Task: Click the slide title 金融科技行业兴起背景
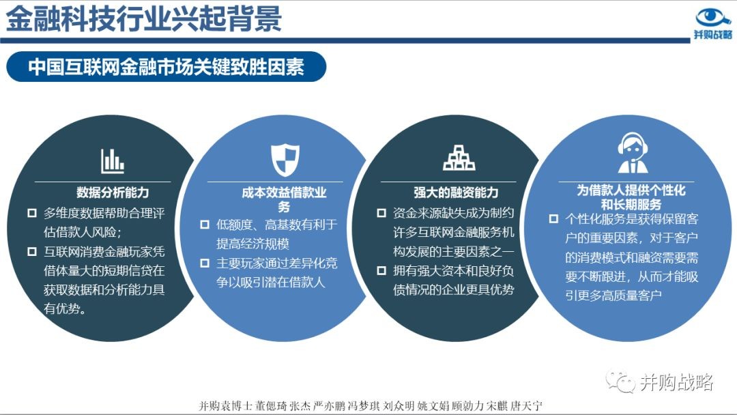pos(144,19)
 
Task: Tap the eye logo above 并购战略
pos(712,18)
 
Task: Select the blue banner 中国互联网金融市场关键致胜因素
pos(166,66)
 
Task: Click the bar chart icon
pos(113,161)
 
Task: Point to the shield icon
pos(285,160)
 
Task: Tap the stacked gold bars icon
pos(459,158)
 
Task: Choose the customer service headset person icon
pos(633,153)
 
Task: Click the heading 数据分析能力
pos(113,192)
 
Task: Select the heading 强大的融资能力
pos(456,192)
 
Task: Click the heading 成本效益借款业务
pos(284,199)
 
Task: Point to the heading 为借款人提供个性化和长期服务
pos(631,197)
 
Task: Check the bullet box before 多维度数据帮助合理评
pos(32,213)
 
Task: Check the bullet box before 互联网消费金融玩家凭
pos(32,251)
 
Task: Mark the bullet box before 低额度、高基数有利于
pos(205,225)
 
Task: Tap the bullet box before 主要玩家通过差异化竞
pos(205,263)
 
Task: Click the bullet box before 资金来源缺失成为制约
pos(381,213)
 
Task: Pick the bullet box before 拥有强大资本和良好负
pos(381,271)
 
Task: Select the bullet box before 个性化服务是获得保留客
pos(553,218)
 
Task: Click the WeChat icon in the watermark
pos(620,381)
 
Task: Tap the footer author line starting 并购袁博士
pos(371,405)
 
